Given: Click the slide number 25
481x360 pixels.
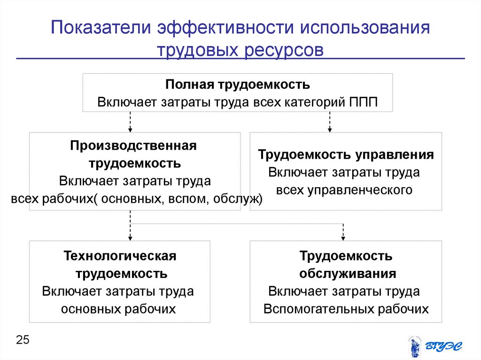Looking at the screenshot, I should click(23, 340).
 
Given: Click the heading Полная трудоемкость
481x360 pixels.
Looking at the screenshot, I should click(237, 85).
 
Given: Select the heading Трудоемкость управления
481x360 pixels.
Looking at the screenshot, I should click(346, 154).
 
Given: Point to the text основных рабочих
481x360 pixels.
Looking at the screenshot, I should click(118, 309).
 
